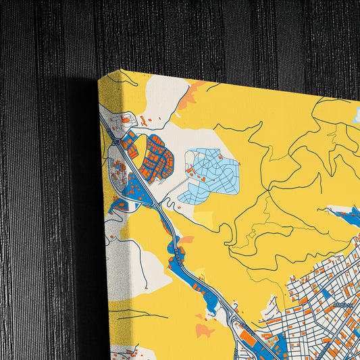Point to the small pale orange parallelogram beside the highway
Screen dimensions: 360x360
click(x=187, y=239)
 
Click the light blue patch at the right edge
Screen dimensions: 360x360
click(x=356, y=115)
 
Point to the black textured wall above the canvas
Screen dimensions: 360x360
click(x=203, y=34)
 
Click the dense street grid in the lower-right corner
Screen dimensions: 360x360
click(x=317, y=317)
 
